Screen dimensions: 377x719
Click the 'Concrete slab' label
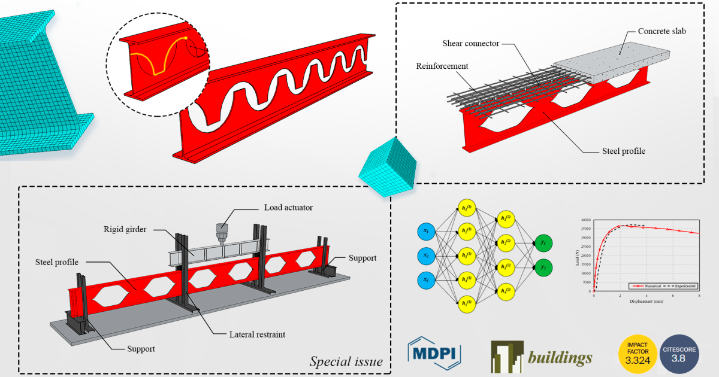661,31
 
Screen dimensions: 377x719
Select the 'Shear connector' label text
470,44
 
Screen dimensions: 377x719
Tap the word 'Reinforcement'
442,66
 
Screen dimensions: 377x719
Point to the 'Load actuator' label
288,208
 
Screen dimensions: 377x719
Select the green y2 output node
545,267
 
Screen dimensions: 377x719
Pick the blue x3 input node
425,279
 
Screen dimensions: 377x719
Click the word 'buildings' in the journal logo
560,358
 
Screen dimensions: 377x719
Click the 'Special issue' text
346,361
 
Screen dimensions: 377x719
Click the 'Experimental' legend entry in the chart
682,286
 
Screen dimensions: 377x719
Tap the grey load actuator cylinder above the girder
223,230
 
